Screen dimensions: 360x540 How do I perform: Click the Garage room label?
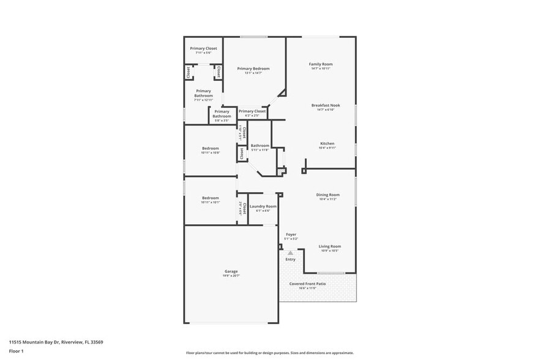pos(231,271)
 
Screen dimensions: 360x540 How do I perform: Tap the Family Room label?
pos(320,64)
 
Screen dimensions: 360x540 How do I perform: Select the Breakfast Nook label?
pos(325,105)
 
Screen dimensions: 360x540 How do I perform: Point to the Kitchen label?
pos(327,143)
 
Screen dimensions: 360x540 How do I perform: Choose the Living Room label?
pos(331,246)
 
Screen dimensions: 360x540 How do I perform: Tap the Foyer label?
pos(291,234)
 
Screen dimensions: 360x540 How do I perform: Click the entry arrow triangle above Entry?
pos(290,252)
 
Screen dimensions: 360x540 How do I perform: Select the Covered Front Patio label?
pos(307,284)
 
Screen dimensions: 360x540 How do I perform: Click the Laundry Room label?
pos(263,206)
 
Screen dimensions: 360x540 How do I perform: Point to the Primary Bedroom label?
pos(253,69)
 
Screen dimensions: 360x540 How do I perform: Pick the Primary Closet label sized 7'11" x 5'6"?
pos(203,48)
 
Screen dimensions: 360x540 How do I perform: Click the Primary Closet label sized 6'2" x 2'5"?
pos(252,111)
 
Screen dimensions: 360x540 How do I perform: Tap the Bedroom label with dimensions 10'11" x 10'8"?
pos(211,148)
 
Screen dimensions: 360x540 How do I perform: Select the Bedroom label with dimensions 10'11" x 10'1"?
pos(211,198)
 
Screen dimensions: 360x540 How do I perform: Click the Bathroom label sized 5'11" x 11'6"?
pos(260,146)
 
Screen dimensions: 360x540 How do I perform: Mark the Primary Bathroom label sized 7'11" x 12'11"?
pos(203,93)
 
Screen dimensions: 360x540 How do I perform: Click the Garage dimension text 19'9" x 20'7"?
pos(231,276)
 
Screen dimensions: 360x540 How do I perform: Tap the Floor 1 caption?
pos(16,351)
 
